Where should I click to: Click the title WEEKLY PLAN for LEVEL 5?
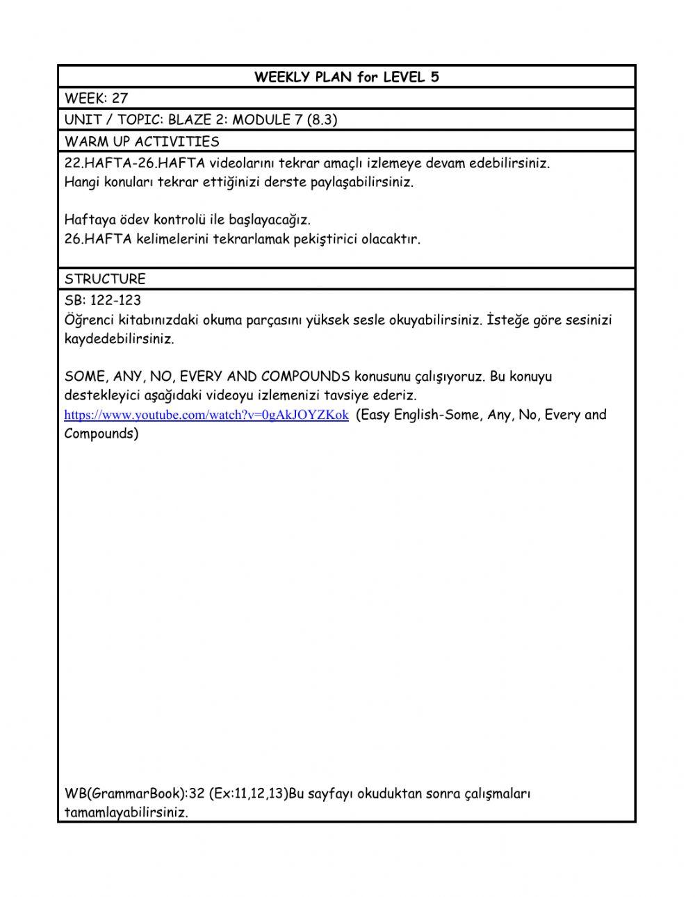coord(346,77)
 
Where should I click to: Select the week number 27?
coord(120,99)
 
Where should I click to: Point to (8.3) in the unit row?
coord(322,120)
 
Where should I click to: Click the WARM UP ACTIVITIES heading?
coord(142,142)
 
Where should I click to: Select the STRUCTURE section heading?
coord(105,279)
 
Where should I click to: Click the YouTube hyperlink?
coord(206,415)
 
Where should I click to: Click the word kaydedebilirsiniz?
coord(119,340)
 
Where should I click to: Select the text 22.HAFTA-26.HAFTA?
coord(123,164)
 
